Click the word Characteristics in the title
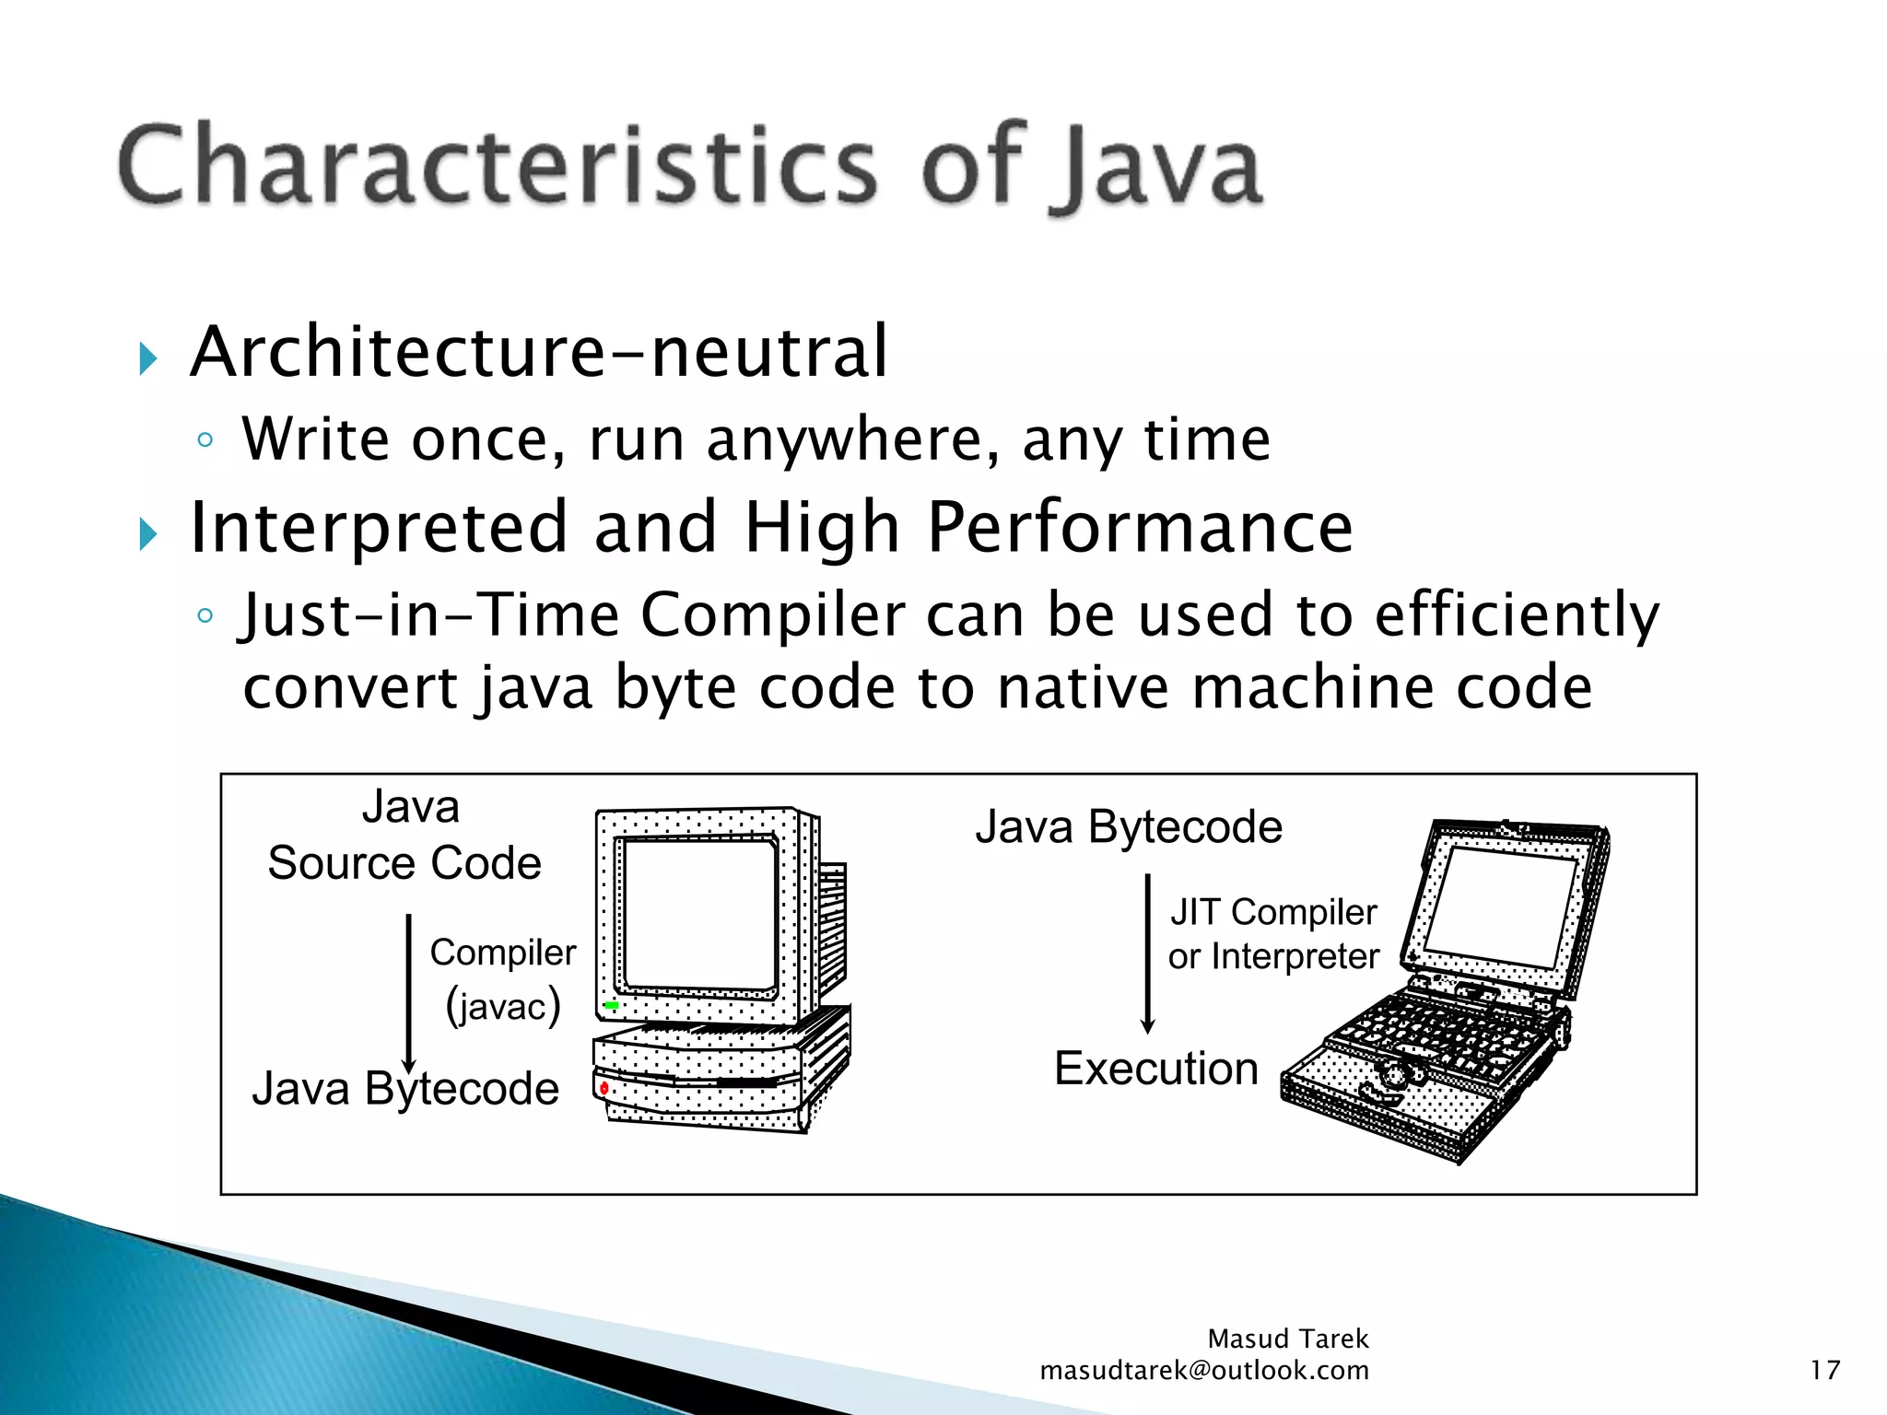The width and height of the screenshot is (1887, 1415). (x=498, y=166)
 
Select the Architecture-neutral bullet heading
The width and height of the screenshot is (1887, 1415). (x=538, y=352)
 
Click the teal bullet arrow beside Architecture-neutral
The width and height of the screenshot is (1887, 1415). (x=148, y=358)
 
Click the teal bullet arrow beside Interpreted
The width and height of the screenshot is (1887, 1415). (x=148, y=533)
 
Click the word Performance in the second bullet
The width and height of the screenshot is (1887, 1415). (x=1139, y=527)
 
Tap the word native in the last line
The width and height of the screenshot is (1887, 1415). (x=1084, y=688)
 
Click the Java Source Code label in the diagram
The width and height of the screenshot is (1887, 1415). (x=404, y=836)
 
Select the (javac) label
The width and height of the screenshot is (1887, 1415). (x=503, y=1005)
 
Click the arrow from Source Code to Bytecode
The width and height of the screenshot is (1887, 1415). (x=409, y=990)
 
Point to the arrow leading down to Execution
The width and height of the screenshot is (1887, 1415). (x=1148, y=953)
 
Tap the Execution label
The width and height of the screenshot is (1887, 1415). (x=1155, y=1069)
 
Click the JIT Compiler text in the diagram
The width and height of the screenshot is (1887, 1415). (x=1273, y=912)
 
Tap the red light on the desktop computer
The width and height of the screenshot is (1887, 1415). (x=604, y=1089)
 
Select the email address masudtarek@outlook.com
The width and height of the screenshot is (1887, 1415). (x=1203, y=1371)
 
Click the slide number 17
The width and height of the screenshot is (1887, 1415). (x=1824, y=1371)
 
